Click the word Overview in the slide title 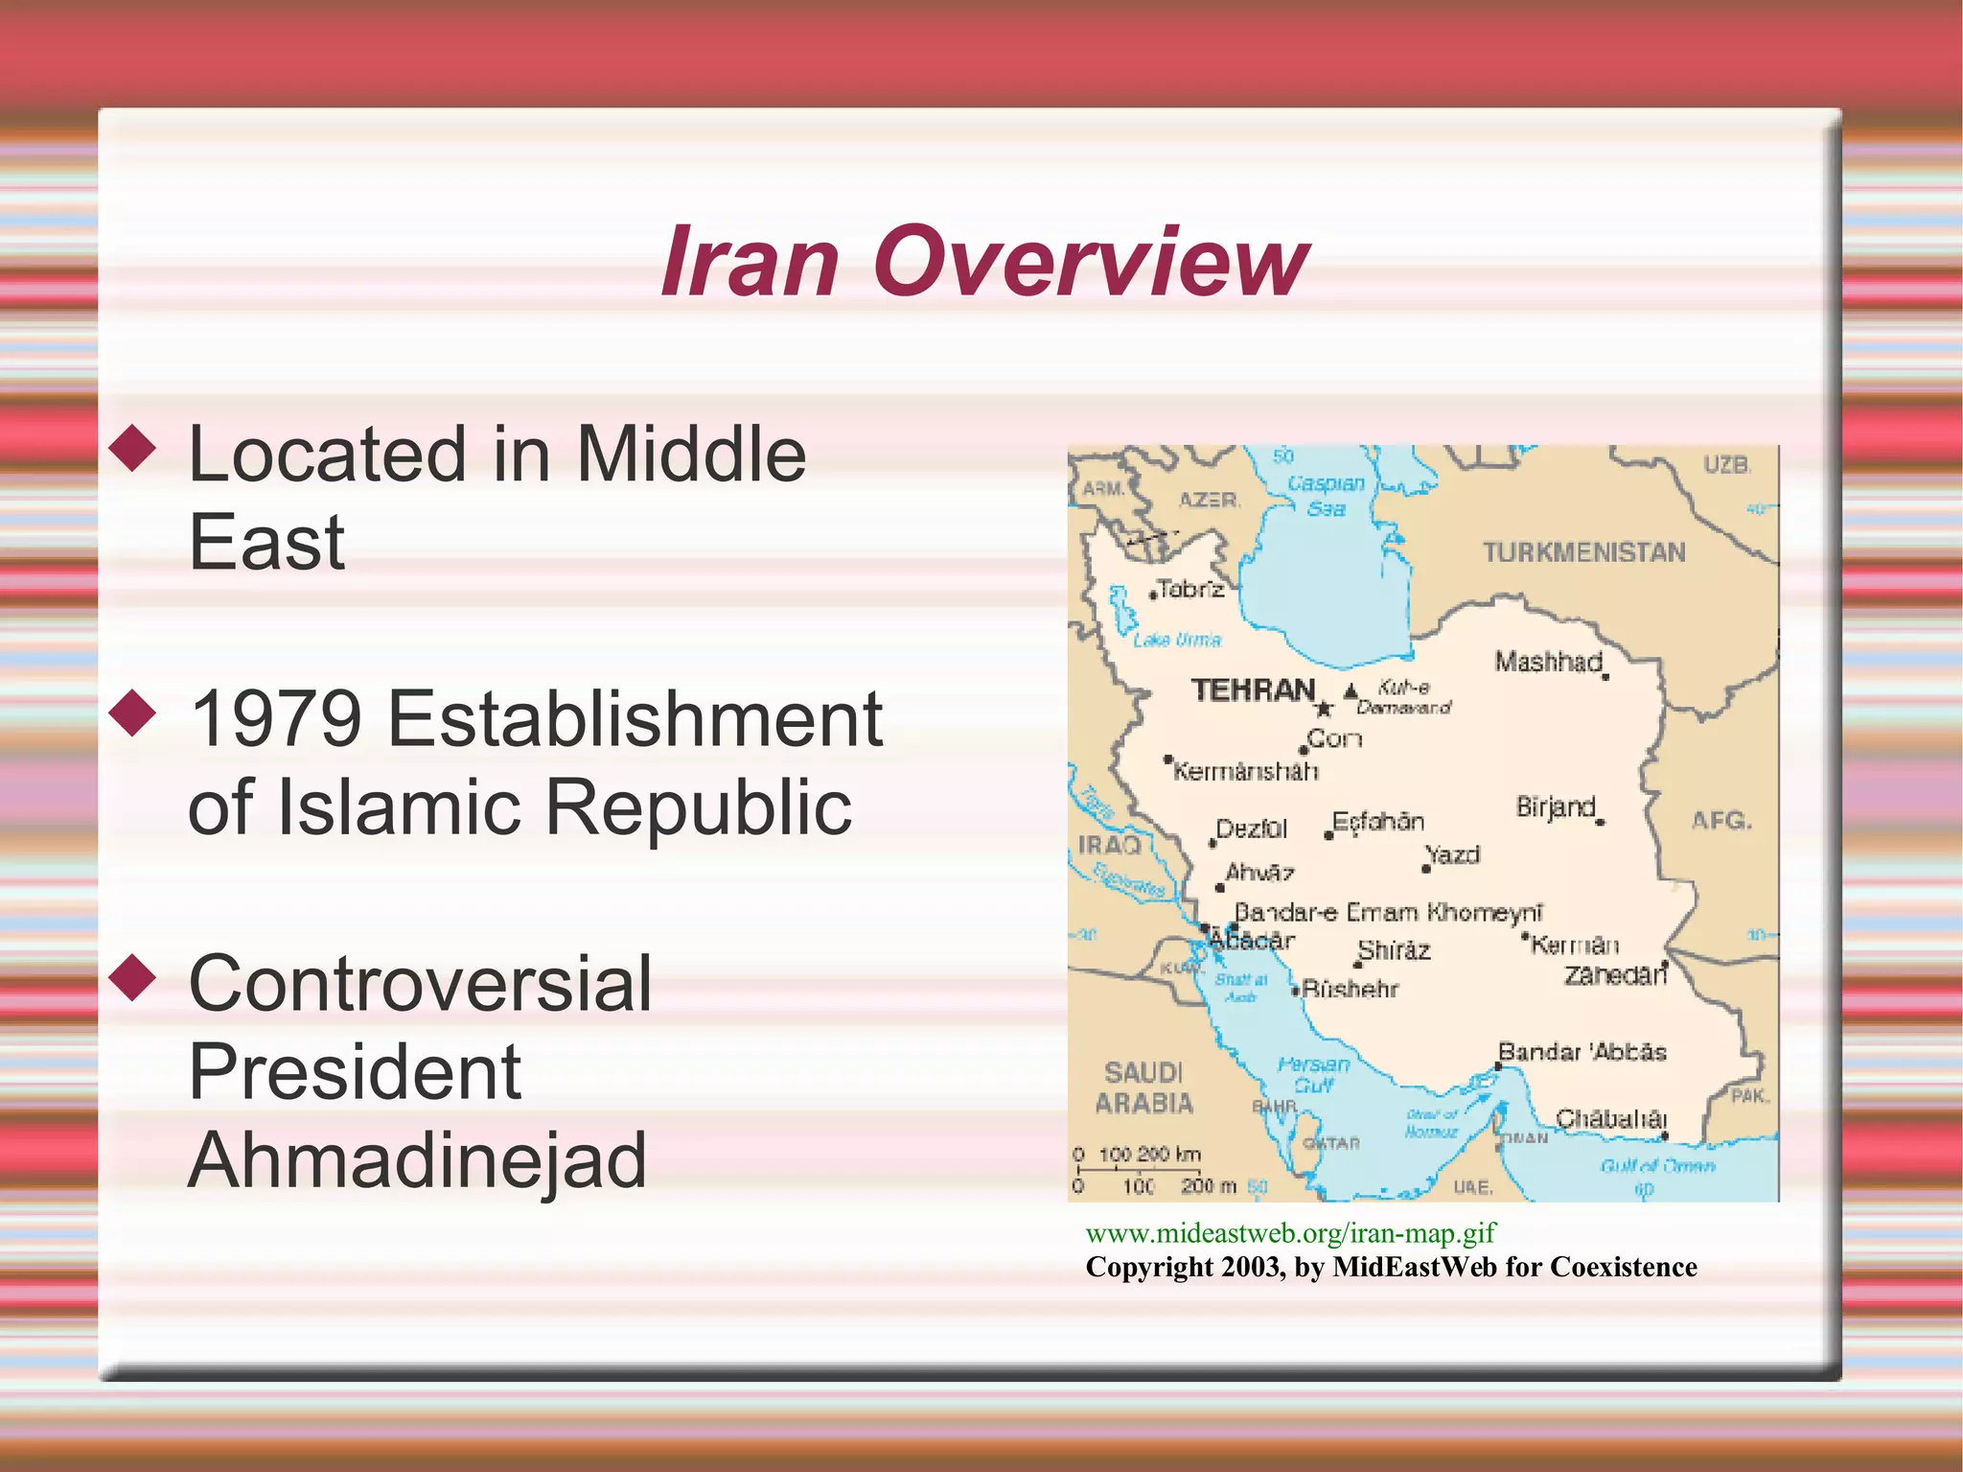[1090, 262]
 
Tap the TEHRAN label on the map [1253, 690]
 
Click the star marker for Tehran [1324, 709]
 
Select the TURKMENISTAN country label [1583, 552]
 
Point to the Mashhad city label [1548, 662]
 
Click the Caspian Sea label [1326, 496]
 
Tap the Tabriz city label [1190, 589]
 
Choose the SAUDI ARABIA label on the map [1144, 1087]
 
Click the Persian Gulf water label [1313, 1075]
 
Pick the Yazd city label [1453, 854]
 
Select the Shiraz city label [1394, 950]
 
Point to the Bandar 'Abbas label [1582, 1052]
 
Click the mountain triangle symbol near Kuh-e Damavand [1351, 690]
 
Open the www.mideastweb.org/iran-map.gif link [1290, 1233]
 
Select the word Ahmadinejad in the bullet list [418, 1159]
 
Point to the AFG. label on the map [1721, 821]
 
